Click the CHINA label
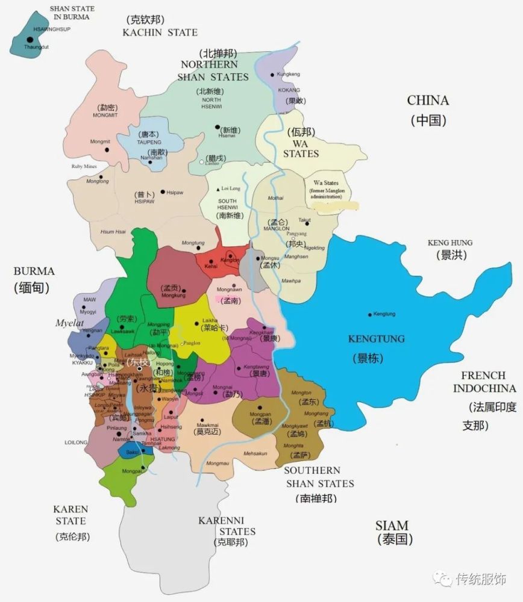point(428,100)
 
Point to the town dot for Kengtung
point(369,314)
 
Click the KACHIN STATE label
point(160,32)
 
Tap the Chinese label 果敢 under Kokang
point(293,101)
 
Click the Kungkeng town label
point(289,74)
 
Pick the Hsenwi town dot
point(218,127)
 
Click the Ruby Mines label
point(84,167)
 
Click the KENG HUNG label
point(450,243)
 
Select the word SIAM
point(392,525)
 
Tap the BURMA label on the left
point(34,271)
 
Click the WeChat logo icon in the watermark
point(443,579)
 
